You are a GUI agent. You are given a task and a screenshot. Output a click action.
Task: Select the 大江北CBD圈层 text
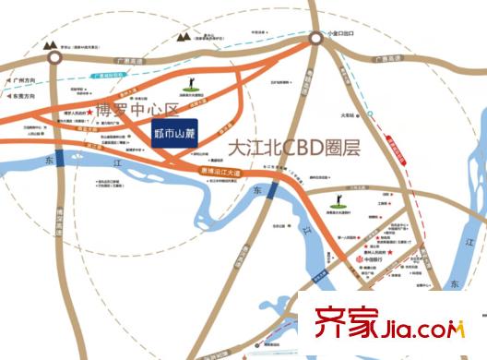pyautogui.click(x=291, y=148)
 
